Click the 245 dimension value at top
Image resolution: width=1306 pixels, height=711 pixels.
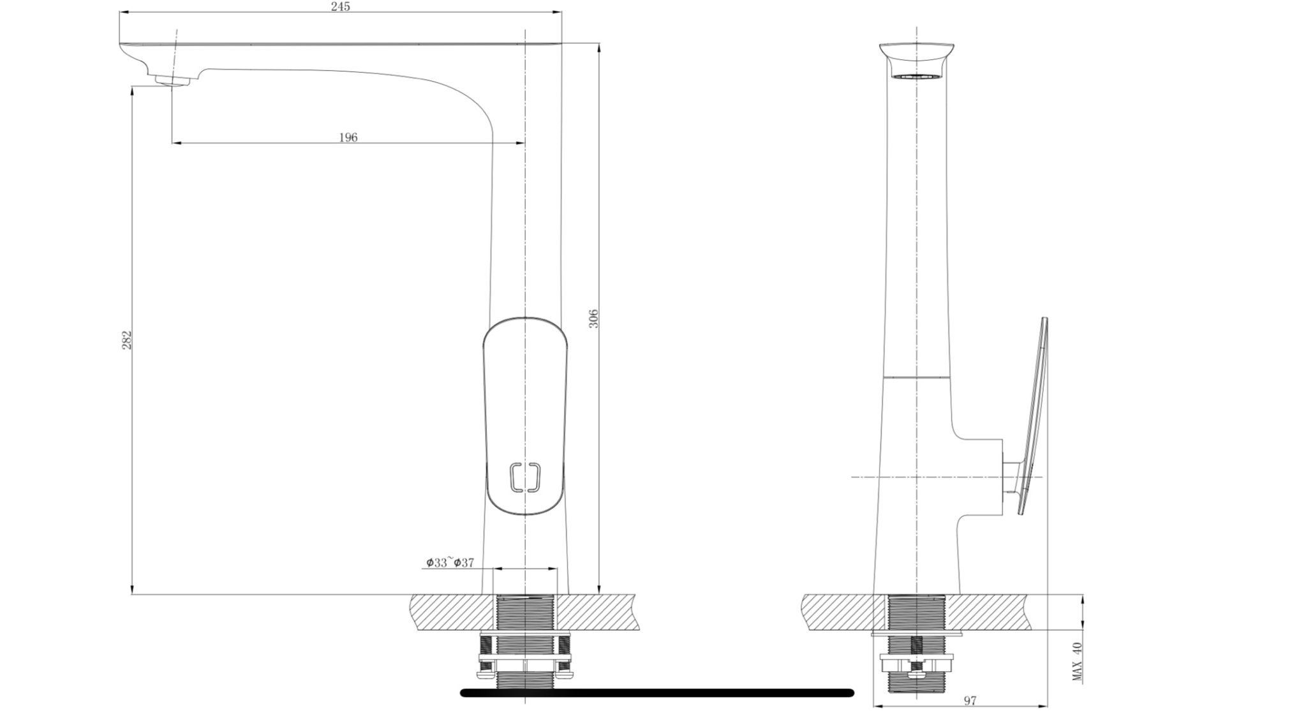pos(341,6)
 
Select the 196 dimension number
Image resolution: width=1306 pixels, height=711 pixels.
pos(348,137)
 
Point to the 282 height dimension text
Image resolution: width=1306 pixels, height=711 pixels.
pos(127,340)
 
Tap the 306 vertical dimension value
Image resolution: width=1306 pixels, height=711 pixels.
pos(593,318)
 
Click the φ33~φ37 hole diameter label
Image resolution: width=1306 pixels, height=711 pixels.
pos(450,562)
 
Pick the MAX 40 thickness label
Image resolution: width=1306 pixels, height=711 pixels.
pos(1078,661)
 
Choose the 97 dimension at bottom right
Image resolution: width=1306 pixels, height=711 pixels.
pos(970,701)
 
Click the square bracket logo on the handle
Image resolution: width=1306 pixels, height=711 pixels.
pos(525,477)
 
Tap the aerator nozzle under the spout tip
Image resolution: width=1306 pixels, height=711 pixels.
pos(172,80)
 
